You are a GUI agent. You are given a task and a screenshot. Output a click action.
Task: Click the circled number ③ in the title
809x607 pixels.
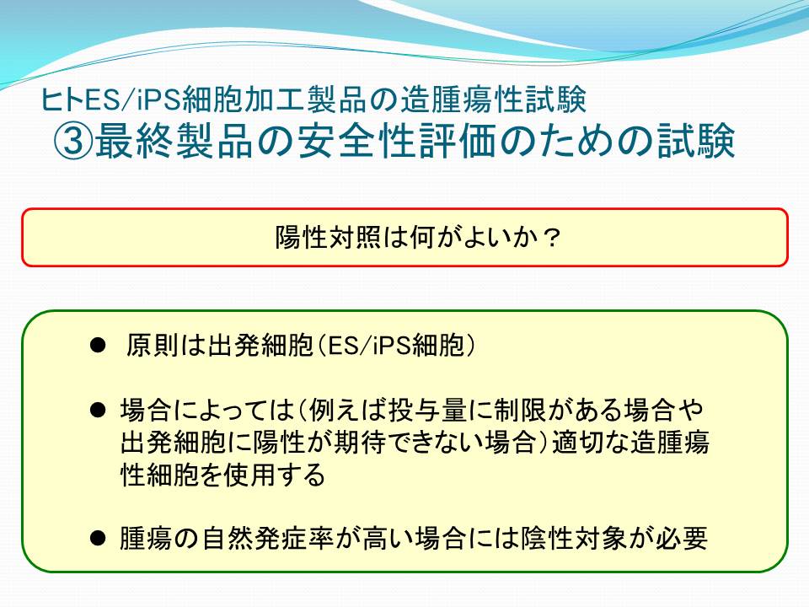coord(73,140)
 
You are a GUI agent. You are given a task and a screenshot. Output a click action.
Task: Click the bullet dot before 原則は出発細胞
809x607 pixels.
coord(98,345)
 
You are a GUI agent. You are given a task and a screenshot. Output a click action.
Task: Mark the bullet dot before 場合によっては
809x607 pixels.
coord(98,411)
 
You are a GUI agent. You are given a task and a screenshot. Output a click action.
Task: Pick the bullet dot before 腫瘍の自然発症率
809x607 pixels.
coord(98,539)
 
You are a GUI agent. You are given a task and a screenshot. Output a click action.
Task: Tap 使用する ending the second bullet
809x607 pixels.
coord(276,475)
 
